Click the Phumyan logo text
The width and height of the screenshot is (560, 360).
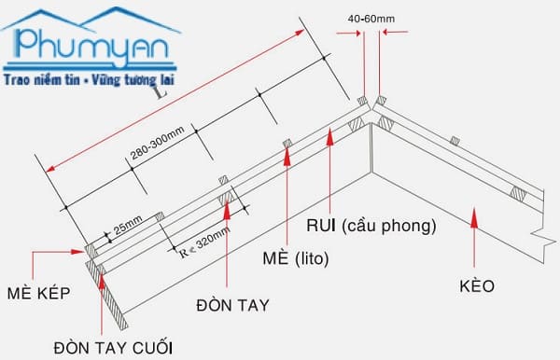tap(92, 47)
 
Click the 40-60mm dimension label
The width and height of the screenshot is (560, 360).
tap(371, 19)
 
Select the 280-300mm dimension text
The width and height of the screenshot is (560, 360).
tap(157, 143)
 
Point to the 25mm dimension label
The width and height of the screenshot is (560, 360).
tap(128, 225)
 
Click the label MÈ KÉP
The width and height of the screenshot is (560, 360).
tap(38, 293)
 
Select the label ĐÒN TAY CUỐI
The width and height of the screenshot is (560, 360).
tap(113, 348)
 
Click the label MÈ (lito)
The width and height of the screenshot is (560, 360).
tap(295, 257)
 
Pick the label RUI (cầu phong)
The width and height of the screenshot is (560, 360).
tap(371, 226)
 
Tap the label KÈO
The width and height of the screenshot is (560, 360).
tap(477, 285)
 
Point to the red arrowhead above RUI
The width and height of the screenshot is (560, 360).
tap(330, 137)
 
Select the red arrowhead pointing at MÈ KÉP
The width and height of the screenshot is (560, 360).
tap(77, 252)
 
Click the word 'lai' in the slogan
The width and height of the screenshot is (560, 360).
tap(165, 80)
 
